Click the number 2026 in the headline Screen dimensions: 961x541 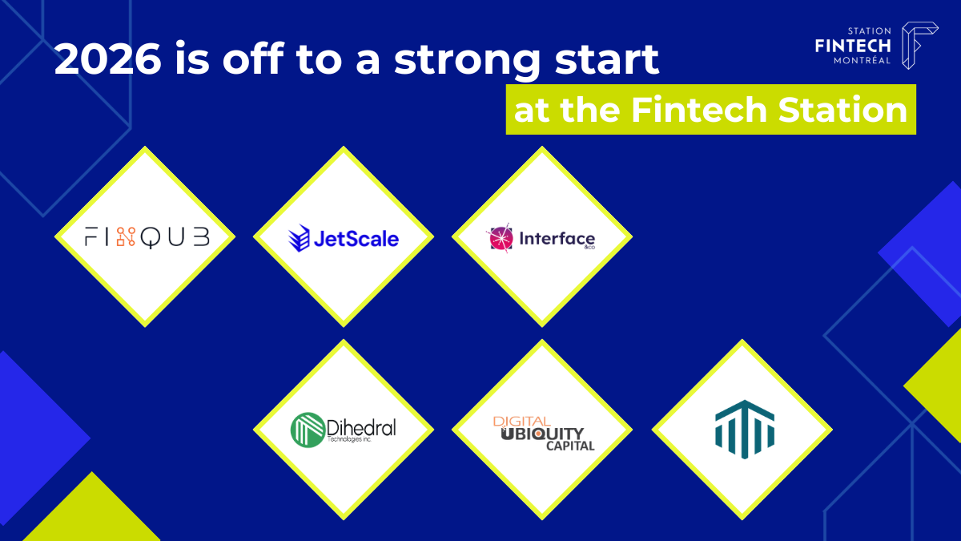107,59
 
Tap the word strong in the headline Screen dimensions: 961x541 468,62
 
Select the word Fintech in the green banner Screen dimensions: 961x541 699,110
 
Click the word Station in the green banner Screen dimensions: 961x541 842,110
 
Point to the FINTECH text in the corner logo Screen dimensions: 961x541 853,46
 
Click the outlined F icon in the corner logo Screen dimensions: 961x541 919,45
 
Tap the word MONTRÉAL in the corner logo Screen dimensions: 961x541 862,61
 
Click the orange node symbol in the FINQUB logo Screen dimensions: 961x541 126,236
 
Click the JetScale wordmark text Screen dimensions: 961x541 356,239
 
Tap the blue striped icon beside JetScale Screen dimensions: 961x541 299,238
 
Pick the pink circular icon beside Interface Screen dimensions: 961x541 501,238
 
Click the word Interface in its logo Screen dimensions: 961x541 557,238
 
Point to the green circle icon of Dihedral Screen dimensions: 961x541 308,430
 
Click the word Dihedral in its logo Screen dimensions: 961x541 361,427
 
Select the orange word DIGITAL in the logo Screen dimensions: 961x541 521,422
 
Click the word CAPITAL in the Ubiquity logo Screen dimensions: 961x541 570,446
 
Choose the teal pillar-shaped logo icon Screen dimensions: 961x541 745,430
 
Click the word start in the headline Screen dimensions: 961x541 607,59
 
